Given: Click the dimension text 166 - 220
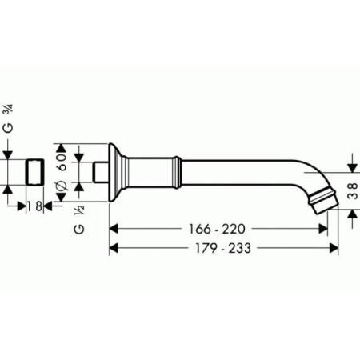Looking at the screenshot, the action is tap(217, 229).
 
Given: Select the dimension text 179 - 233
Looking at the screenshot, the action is tap(223, 248).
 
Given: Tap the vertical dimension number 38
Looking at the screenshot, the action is tap(353, 191).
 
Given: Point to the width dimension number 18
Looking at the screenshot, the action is tap(35, 206).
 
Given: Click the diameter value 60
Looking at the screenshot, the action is tap(62, 162).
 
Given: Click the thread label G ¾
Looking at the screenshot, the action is tap(8, 118).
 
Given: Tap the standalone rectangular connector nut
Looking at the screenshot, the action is tap(34, 172).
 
